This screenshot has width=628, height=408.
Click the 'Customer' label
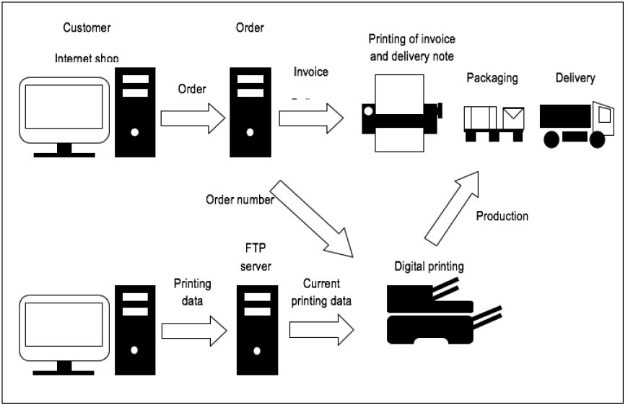click(86, 28)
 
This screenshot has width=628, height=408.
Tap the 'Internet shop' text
click(87, 58)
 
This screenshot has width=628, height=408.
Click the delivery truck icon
click(577, 124)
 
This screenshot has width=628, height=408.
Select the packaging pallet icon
click(494, 123)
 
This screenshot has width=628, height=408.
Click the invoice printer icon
click(401, 112)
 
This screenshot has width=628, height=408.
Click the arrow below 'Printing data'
click(193, 331)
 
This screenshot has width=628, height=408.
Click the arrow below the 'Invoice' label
click(312, 118)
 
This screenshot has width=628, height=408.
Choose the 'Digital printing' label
click(429, 266)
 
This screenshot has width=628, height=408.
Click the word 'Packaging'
click(492, 78)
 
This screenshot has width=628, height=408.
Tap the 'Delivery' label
click(575, 77)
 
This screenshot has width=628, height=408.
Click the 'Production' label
click(502, 216)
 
